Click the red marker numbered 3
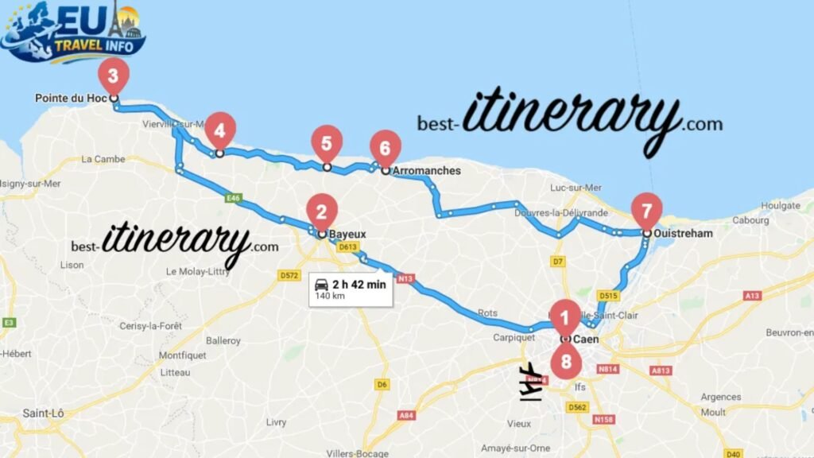(x=113, y=77)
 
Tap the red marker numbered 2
(x=321, y=212)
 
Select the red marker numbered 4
(x=220, y=130)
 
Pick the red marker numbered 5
(x=327, y=143)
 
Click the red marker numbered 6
(x=386, y=149)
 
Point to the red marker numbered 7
(x=646, y=212)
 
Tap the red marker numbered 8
(x=566, y=362)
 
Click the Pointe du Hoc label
(x=71, y=99)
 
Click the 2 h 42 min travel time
(x=359, y=284)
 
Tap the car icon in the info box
(x=322, y=285)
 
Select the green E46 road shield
(x=232, y=199)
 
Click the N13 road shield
(x=405, y=278)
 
